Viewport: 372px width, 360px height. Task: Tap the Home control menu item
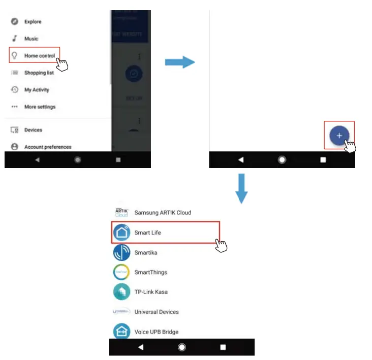[39, 55]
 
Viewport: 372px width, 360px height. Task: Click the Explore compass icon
[15, 22]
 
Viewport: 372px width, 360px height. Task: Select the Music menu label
[31, 39]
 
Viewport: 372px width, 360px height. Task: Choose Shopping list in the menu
[39, 73]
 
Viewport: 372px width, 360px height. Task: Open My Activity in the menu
[37, 90]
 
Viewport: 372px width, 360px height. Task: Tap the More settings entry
[40, 107]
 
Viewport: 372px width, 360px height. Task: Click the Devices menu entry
[33, 130]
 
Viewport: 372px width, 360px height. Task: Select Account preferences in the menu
[48, 147]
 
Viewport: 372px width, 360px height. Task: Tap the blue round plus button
[339, 136]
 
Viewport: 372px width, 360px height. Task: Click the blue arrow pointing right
[180, 62]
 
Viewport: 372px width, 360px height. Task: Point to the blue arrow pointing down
[242, 188]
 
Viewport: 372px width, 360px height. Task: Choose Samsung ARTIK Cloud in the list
[163, 212]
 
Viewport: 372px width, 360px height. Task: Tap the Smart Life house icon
[122, 233]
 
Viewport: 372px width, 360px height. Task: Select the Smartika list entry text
[146, 252]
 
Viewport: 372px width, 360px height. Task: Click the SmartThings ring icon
[122, 272]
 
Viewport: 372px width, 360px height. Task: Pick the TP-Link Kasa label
[151, 292]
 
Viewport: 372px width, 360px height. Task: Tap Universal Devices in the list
[157, 312]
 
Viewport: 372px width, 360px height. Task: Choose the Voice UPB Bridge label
[156, 332]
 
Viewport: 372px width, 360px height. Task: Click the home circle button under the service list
[181, 347]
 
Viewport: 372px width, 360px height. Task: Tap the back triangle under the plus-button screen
[241, 159]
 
